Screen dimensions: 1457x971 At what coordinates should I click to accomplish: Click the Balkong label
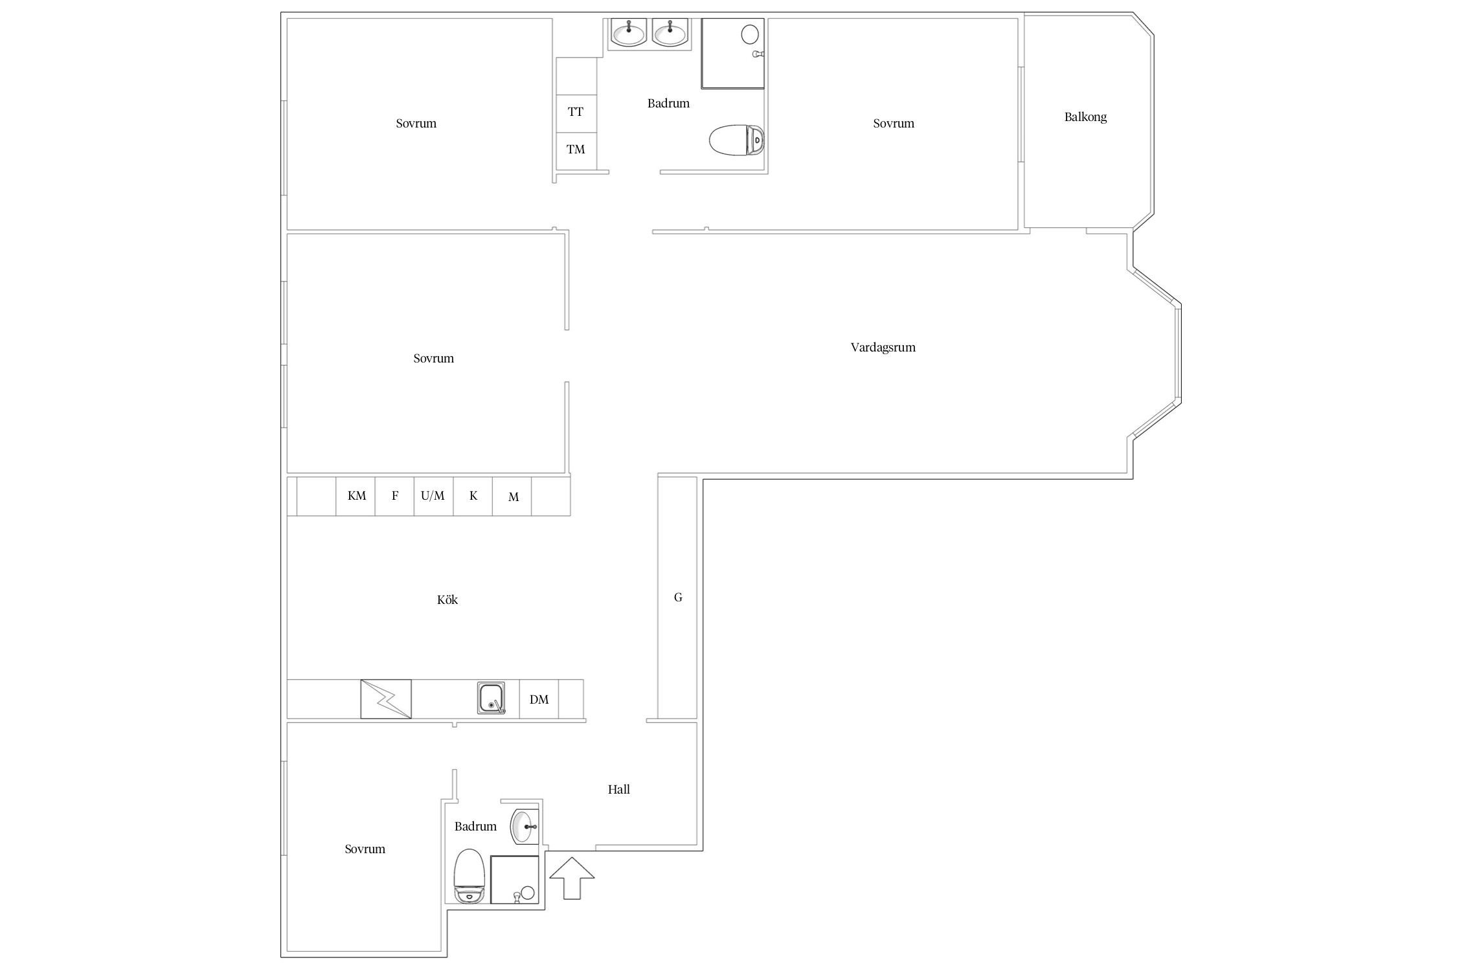(1085, 117)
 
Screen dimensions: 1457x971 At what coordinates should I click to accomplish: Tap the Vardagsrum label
(883, 348)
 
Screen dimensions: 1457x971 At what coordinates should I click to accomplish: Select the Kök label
(447, 599)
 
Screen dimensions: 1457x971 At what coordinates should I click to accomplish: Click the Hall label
(618, 789)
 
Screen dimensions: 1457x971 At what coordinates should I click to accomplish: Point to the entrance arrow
(572, 878)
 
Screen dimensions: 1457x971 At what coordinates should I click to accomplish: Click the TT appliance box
(576, 113)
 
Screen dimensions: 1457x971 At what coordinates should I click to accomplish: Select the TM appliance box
(576, 151)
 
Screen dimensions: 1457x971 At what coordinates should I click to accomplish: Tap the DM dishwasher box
(539, 699)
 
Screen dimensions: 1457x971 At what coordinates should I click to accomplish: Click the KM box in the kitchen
(356, 497)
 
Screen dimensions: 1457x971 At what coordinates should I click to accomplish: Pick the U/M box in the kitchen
(433, 497)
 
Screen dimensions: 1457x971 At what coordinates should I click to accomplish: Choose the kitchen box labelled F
(394, 497)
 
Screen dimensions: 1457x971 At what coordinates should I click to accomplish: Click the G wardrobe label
(678, 597)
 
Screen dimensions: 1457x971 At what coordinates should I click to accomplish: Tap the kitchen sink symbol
(491, 698)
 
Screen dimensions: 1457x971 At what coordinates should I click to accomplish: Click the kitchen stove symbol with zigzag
(386, 699)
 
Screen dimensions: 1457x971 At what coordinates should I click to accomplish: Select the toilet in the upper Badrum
(737, 140)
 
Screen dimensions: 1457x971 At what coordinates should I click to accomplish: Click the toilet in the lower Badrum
(469, 876)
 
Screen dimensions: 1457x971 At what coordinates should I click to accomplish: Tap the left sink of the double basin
(629, 32)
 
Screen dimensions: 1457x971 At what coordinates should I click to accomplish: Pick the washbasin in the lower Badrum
(523, 827)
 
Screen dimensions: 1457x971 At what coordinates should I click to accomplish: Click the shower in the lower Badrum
(515, 880)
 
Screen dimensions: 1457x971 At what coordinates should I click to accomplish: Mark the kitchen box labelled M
(512, 497)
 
